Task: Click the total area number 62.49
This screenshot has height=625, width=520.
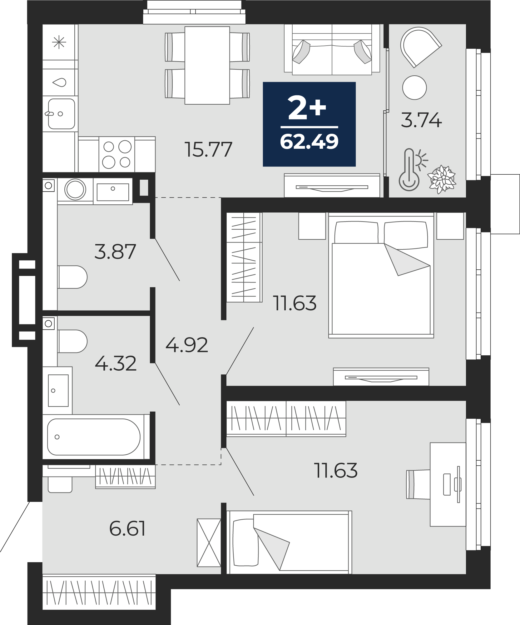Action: click(309, 142)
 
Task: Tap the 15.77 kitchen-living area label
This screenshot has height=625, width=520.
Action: click(208, 149)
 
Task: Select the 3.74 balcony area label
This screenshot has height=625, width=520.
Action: click(421, 120)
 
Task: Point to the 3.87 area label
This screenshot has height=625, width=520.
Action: click(115, 252)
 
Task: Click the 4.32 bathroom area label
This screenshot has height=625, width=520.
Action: click(116, 363)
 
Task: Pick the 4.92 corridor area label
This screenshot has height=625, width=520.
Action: click(187, 345)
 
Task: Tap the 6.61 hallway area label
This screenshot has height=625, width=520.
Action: click(127, 528)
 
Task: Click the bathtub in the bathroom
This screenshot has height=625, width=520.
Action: click(94, 437)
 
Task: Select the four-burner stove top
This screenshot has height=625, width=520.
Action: click(117, 154)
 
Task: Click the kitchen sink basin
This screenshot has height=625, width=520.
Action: click(62, 114)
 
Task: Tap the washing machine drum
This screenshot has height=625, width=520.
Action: click(75, 189)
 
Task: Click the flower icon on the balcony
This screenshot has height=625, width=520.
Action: click(442, 179)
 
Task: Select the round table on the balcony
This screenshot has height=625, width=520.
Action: click(414, 87)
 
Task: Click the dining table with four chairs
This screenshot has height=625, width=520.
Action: click(207, 65)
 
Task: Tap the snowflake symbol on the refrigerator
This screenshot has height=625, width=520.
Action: click(59, 42)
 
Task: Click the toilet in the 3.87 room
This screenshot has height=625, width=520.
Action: click(72, 277)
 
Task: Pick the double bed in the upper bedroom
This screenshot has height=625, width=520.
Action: click(381, 275)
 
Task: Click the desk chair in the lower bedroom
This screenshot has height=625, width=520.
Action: click(418, 484)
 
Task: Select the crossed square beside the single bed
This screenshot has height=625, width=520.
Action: click(209, 542)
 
